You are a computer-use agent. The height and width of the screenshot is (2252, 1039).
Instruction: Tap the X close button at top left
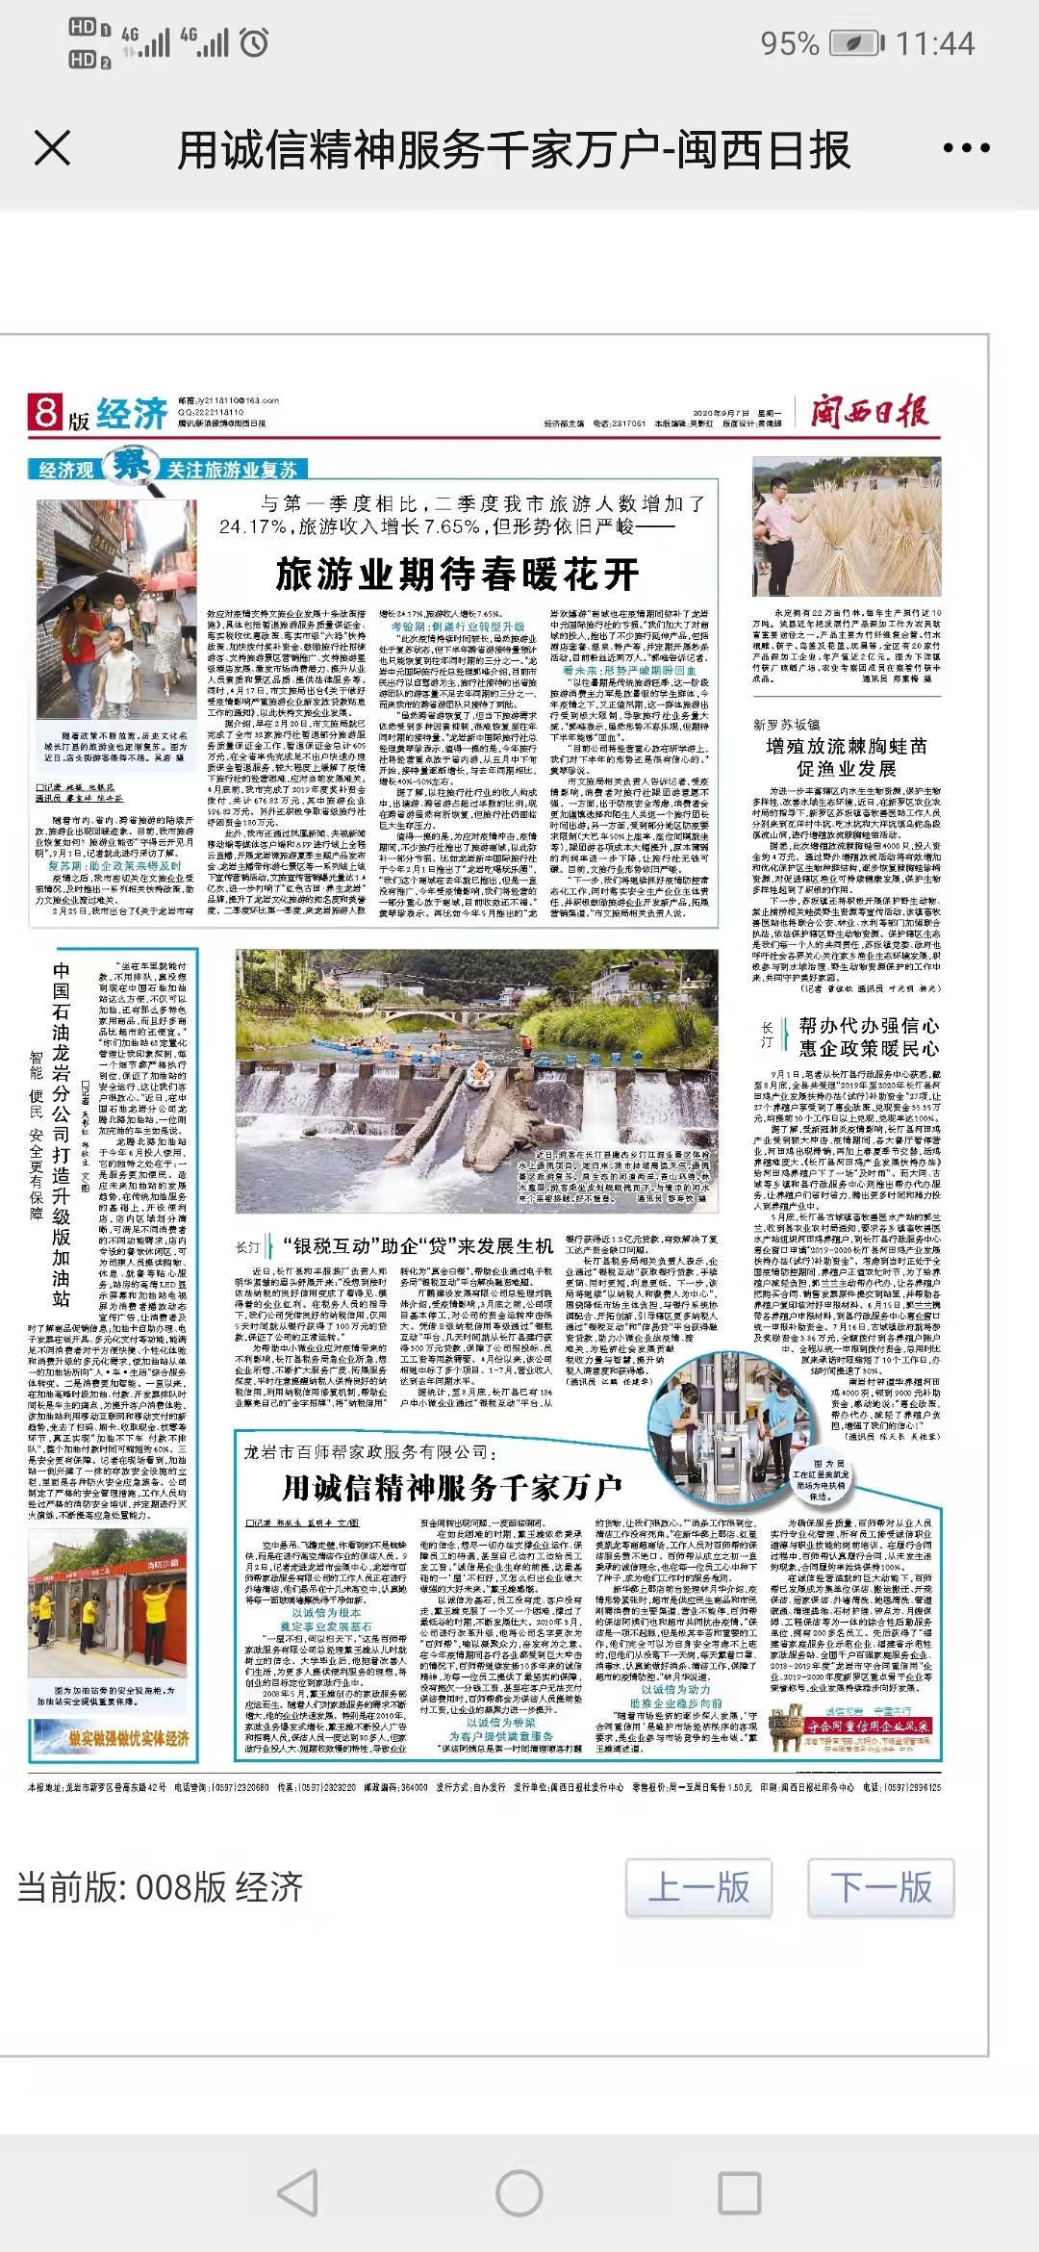tap(52, 149)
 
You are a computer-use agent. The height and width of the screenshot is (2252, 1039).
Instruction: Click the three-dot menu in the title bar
tap(966, 149)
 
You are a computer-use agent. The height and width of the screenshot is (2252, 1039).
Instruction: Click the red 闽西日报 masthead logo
tap(869, 413)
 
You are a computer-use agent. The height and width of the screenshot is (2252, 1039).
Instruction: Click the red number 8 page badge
tap(44, 412)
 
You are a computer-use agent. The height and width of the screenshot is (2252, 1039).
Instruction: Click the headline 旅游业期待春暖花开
tap(458, 575)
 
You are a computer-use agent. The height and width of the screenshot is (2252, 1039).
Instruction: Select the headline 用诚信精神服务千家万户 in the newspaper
tap(451, 1488)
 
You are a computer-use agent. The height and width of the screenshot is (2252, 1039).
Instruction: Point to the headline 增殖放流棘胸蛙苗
tap(847, 746)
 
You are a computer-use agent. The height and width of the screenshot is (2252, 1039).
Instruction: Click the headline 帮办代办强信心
tap(869, 1026)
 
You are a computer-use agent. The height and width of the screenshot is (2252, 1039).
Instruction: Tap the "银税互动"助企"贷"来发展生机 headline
tap(418, 1246)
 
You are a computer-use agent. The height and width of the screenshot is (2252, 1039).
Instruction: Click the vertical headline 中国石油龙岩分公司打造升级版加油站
tap(62, 1136)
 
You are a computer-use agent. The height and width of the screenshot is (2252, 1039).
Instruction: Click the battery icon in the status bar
tap(856, 43)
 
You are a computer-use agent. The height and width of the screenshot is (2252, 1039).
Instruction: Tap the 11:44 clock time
tap(935, 43)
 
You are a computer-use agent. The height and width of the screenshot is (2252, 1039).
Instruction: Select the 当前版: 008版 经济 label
tap(160, 1886)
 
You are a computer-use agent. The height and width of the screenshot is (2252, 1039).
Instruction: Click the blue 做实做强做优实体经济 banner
tap(114, 1739)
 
